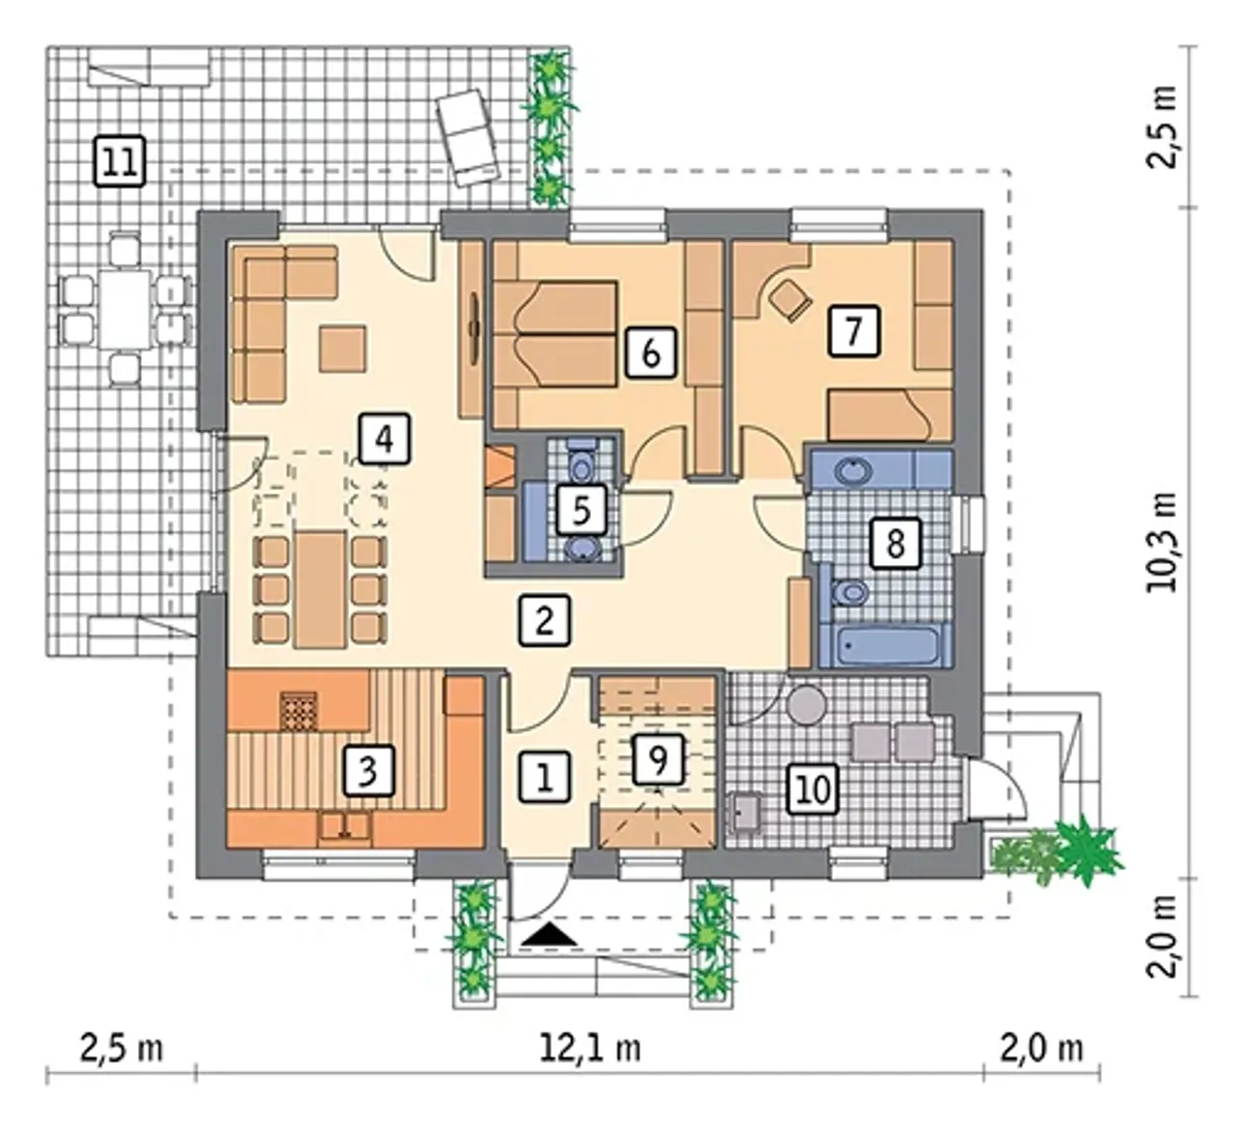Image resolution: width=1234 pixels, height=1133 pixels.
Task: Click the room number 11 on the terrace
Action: pyautogui.click(x=120, y=162)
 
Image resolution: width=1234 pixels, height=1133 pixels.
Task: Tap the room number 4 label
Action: pyautogui.click(x=384, y=439)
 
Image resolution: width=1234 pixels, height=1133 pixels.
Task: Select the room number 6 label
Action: pyautogui.click(x=651, y=353)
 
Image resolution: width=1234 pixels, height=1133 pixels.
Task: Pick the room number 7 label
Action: pyautogui.click(x=853, y=331)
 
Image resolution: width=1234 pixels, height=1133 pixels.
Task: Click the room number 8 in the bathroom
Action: pyautogui.click(x=896, y=543)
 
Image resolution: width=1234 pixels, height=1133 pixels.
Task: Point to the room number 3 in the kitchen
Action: pyautogui.click(x=368, y=770)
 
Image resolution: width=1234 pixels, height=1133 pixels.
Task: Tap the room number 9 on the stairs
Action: pyautogui.click(x=658, y=760)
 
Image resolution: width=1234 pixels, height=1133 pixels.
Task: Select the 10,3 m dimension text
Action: pyautogui.click(x=1162, y=541)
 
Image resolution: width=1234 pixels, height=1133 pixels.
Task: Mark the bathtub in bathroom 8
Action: pyautogui.click(x=886, y=646)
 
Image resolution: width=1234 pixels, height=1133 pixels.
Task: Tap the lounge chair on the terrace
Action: pyautogui.click(x=468, y=137)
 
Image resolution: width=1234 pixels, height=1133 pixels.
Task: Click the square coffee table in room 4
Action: pyautogui.click(x=342, y=349)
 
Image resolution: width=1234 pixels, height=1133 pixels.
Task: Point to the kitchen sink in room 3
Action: pyautogui.click(x=344, y=827)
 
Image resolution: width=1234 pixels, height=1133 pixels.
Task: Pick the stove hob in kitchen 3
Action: pyautogui.click(x=299, y=711)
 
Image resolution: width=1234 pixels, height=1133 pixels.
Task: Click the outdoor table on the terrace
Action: pyautogui.click(x=125, y=309)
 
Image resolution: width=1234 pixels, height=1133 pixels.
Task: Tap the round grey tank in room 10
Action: pyautogui.click(x=807, y=705)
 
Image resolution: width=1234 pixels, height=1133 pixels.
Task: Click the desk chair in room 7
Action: pyautogui.click(x=791, y=299)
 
